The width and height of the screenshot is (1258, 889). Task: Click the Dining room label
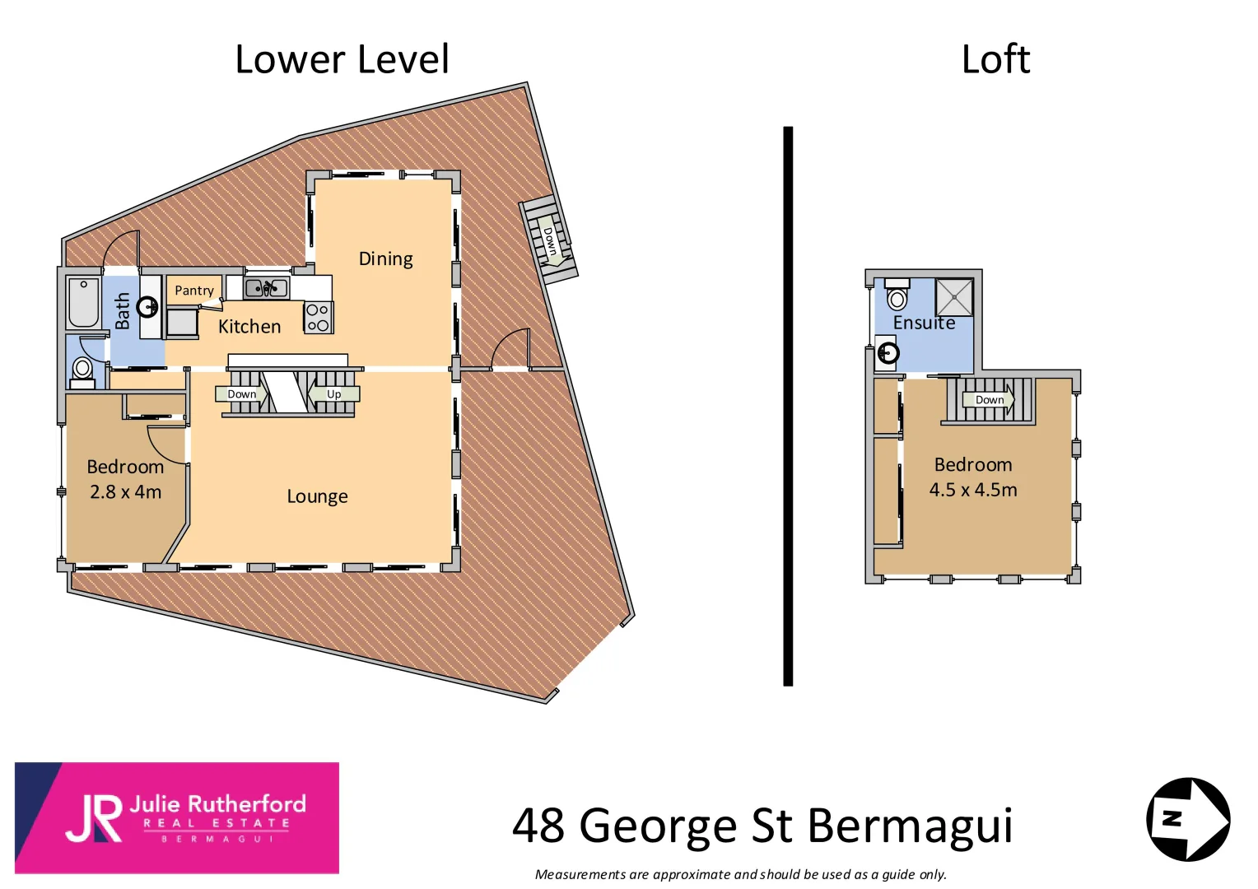(385, 259)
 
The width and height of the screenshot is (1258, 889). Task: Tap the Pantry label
(194, 291)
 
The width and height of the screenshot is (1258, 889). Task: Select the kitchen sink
(266, 288)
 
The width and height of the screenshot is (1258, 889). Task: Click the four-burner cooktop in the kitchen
(318, 318)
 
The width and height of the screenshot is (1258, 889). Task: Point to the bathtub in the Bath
(83, 303)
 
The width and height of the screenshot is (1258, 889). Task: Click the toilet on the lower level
(82, 370)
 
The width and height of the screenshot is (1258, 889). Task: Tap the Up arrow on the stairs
(333, 394)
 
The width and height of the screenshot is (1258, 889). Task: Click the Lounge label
(317, 496)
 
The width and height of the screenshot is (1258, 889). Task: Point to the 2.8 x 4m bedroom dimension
(125, 492)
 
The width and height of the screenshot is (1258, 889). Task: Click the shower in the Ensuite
(953, 297)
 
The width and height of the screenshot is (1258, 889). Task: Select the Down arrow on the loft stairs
(990, 400)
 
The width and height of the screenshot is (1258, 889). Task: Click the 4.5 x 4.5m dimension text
(973, 490)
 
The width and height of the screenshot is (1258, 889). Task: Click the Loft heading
(995, 59)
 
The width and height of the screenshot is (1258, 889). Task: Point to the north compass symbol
(1188, 819)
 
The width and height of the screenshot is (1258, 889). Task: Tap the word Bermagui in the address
(910, 826)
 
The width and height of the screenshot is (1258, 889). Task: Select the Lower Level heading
(342, 59)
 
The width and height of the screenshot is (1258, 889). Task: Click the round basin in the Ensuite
(888, 353)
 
